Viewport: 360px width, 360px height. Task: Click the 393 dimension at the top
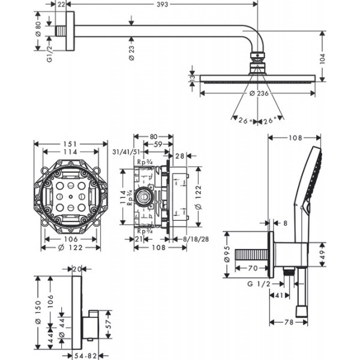(163, 4)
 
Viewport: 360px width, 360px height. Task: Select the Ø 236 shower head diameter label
(259, 93)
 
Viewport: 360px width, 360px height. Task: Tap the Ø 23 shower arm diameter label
(131, 53)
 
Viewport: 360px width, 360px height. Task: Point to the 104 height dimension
(322, 59)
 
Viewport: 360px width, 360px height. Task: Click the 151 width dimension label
(70, 144)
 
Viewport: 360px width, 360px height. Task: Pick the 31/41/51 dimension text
(126, 152)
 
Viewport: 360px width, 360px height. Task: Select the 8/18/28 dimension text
(196, 239)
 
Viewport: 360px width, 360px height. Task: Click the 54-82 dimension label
(85, 356)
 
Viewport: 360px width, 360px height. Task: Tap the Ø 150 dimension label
(38, 313)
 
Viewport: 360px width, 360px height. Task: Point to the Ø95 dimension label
(227, 254)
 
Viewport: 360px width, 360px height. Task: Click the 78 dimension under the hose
(289, 322)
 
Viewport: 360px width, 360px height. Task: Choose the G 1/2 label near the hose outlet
(259, 284)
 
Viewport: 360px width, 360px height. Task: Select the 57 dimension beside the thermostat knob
(109, 324)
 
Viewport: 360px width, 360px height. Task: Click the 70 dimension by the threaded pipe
(253, 268)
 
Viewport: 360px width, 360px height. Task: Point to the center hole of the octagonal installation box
(70, 196)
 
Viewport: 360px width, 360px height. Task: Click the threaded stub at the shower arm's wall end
(61, 31)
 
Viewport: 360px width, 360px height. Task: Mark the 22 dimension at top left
(61, 4)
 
